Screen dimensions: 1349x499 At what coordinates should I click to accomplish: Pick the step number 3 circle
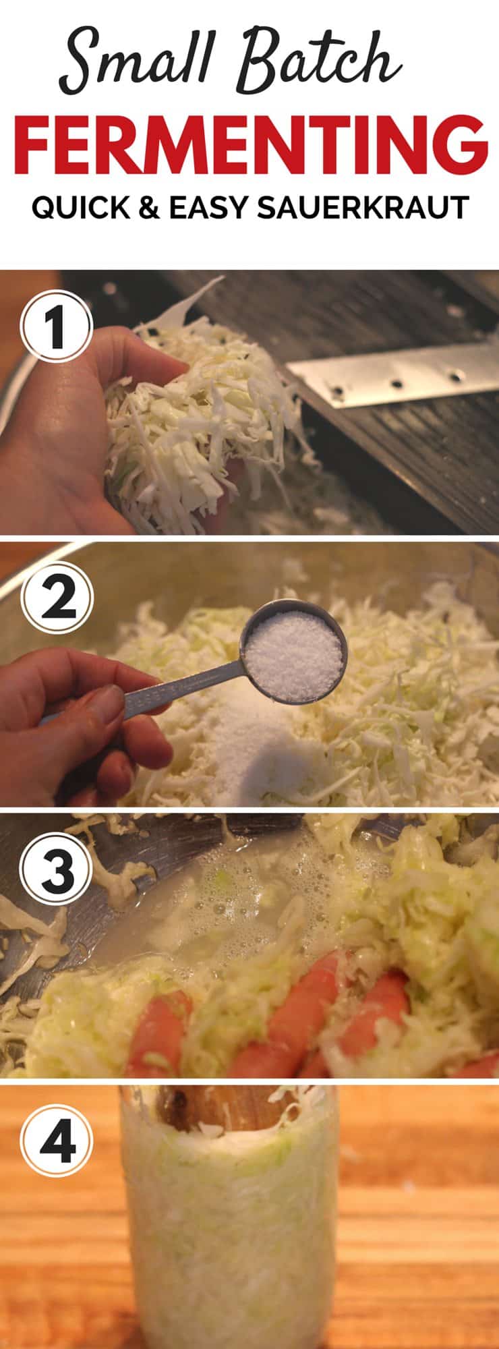(x=55, y=871)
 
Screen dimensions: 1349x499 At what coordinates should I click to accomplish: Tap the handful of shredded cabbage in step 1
(x=196, y=418)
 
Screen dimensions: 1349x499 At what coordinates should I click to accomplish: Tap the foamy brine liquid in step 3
(x=223, y=911)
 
